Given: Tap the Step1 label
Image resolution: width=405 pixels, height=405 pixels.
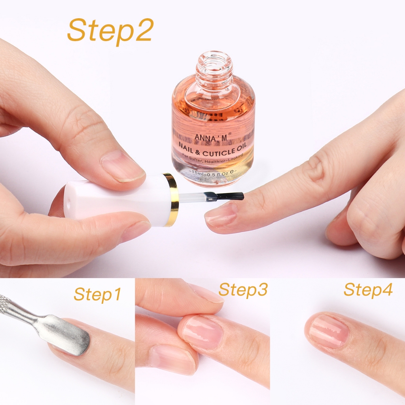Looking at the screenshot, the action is [97, 294].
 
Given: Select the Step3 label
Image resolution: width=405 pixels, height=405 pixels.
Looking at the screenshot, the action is [243, 290].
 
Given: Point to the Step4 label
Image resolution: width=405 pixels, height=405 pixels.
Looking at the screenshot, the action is [368, 290].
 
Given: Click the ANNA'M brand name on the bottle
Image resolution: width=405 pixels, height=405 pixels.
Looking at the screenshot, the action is [211, 137].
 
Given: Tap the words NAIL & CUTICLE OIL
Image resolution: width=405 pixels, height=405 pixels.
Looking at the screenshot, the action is [212, 149].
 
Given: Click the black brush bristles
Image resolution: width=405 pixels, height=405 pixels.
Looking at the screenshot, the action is [229, 196].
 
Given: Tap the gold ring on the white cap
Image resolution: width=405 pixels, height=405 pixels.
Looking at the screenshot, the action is [172, 200].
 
